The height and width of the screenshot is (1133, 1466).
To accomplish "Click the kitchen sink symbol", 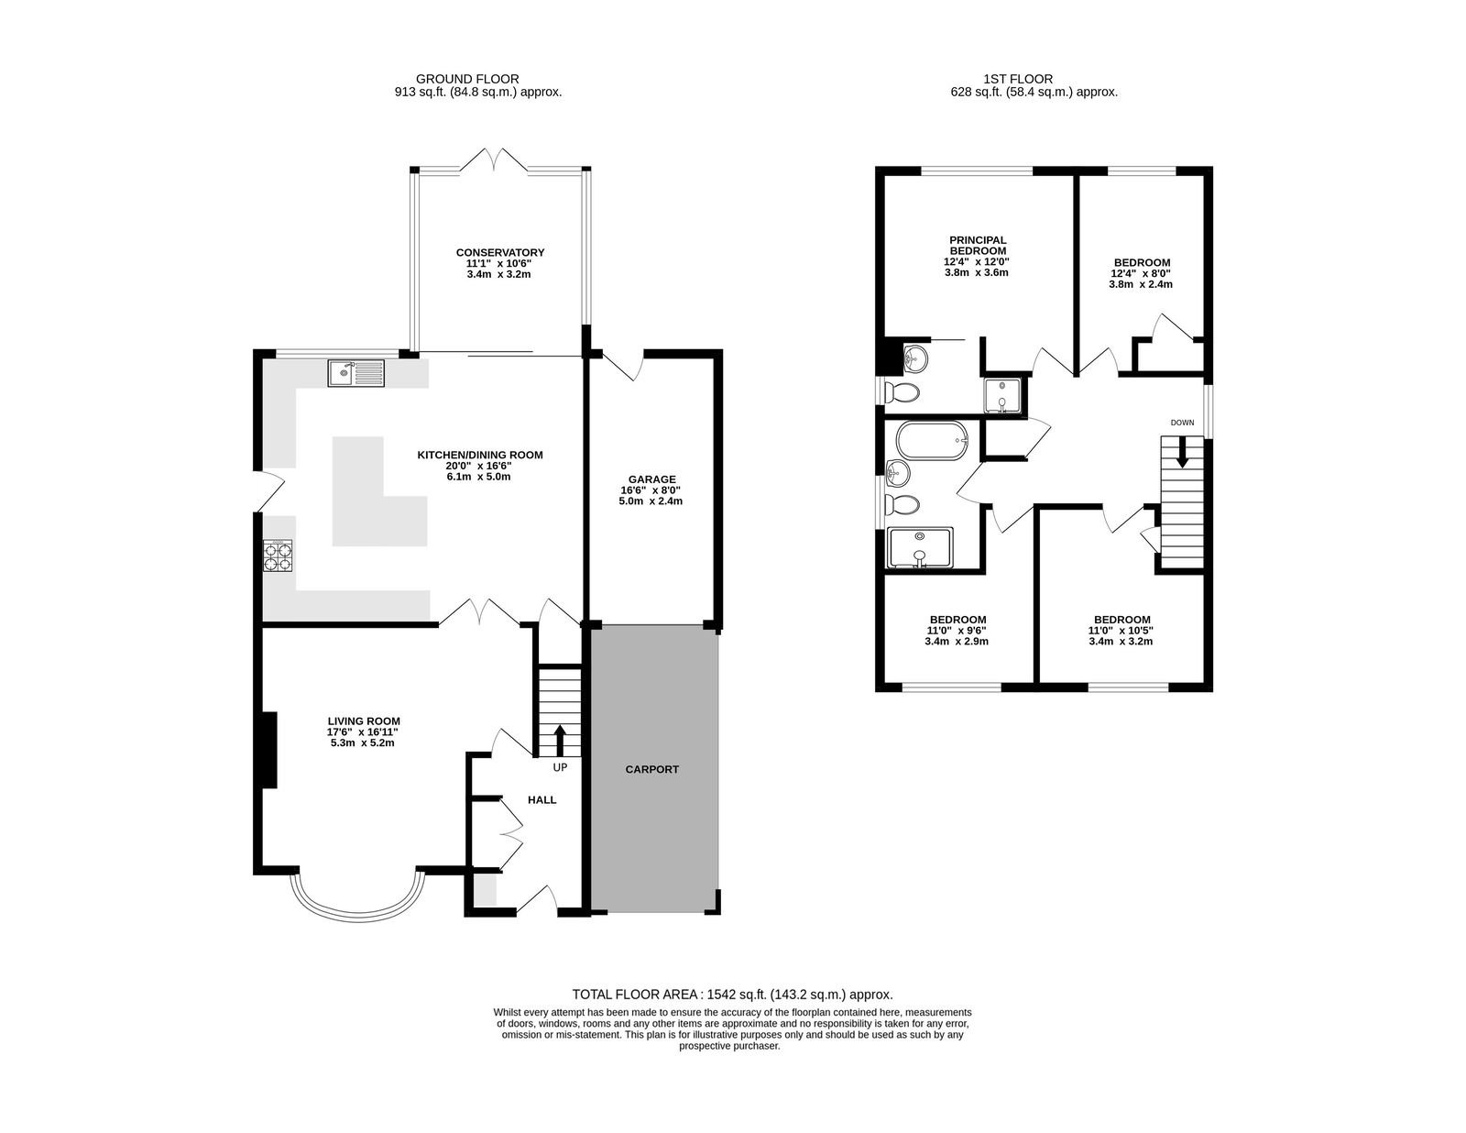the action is pos(356,373).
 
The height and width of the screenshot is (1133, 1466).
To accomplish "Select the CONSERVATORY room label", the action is pos(500,252).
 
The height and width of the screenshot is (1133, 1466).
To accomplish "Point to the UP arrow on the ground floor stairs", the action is pos(559,741).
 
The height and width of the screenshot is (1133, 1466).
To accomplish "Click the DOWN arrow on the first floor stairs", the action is pos(1182,451).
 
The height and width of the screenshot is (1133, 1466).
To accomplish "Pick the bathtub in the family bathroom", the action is pos(933,441).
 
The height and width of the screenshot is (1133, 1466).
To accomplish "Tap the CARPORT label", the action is pos(651,769).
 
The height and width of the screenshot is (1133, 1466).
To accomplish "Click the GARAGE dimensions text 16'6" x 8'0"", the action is pos(651,490).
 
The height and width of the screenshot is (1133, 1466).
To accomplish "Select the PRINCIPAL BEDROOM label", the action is pos(978,245).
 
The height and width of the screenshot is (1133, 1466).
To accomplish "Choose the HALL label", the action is pos(542,800).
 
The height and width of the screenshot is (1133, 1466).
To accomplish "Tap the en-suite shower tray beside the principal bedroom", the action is pos(1001,395).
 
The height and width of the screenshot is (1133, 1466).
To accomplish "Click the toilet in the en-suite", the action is pos(902,391).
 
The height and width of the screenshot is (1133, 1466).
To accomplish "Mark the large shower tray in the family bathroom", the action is pos(920,547).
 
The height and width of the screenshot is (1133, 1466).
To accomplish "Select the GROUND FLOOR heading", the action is pos(467,79).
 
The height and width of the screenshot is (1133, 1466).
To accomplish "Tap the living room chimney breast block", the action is pos(269,750).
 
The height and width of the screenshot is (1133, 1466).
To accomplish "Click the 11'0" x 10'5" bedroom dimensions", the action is pos(1121,631).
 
